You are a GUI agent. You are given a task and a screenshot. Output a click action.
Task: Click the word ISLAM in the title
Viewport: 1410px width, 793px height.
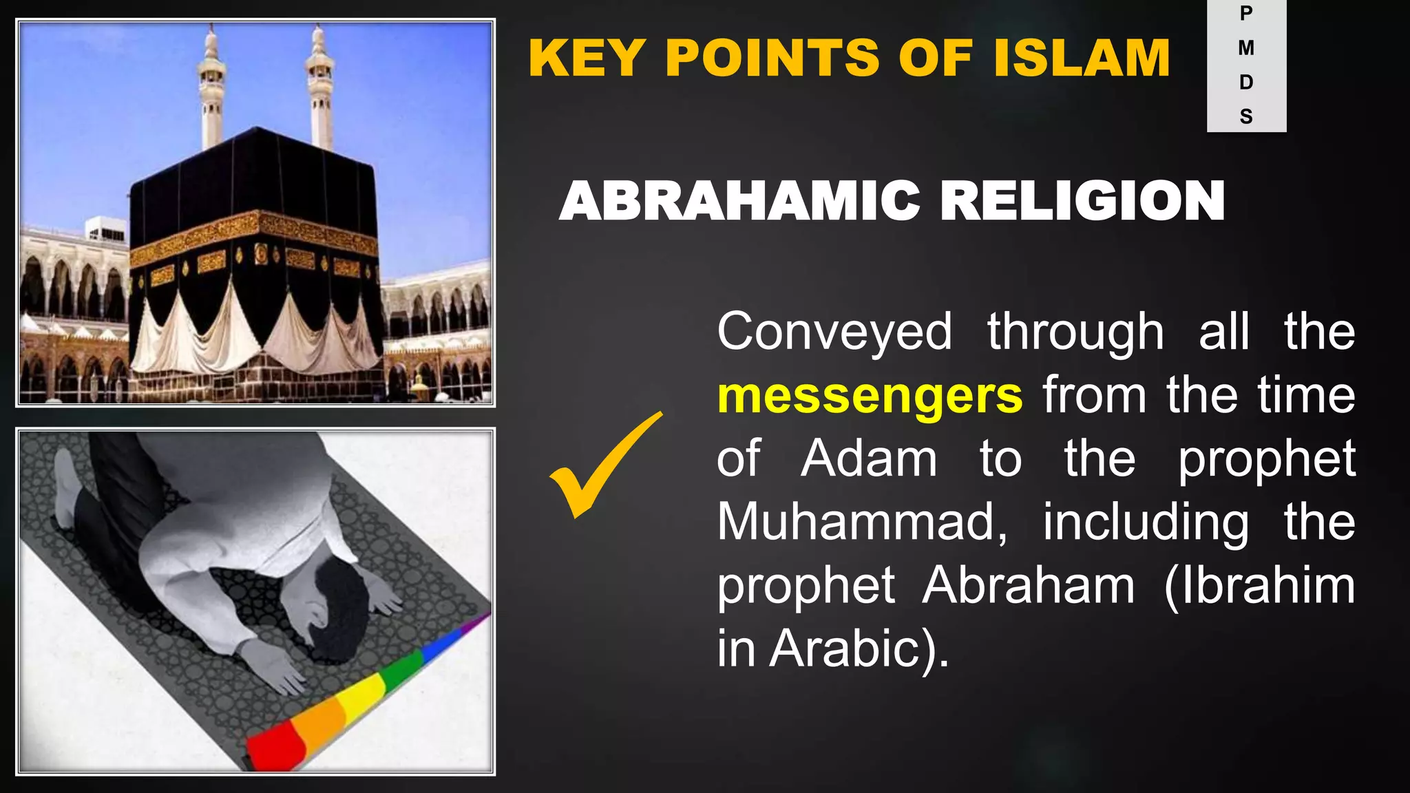pos(1082,58)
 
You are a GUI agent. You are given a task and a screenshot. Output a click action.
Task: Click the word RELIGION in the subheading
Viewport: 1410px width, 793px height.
pos(1082,201)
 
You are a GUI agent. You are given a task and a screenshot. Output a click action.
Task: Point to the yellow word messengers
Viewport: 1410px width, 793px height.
pos(870,396)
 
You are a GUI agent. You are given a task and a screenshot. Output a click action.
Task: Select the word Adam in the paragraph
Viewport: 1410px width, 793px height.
pos(869,458)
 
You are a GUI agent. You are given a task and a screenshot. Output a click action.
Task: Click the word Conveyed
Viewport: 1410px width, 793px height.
pos(834,332)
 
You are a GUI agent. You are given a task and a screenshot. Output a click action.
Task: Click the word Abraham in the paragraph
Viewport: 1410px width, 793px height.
pos(1029,586)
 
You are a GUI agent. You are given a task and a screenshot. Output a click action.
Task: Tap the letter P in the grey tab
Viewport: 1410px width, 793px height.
pos(1246,14)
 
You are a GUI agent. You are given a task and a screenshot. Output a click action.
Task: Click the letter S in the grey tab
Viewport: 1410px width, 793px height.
pos(1246,116)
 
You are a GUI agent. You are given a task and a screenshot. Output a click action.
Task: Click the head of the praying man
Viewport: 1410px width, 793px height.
pos(337,606)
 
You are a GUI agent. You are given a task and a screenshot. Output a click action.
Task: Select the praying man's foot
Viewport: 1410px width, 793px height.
pos(67,482)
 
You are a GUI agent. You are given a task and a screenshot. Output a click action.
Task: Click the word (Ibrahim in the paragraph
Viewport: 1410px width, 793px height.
pos(1259,586)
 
